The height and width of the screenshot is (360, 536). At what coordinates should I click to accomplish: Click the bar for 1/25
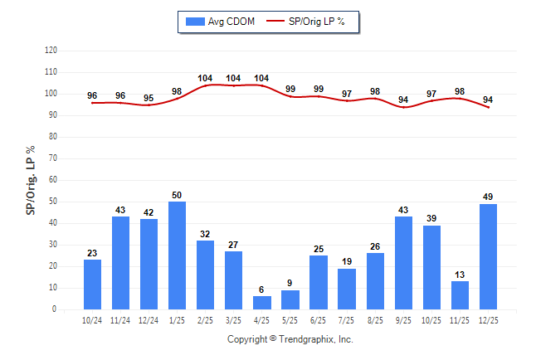[x=177, y=255]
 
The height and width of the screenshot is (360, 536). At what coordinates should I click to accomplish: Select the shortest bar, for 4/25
[x=262, y=303]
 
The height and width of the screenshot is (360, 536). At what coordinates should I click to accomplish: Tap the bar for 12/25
[x=488, y=256]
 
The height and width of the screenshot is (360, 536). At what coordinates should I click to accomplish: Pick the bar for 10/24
[x=92, y=285]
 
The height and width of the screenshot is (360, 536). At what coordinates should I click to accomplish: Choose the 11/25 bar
[x=460, y=295]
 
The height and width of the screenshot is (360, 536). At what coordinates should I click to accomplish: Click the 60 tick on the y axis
[x=52, y=180]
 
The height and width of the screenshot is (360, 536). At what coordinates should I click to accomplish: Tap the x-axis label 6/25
[x=319, y=321]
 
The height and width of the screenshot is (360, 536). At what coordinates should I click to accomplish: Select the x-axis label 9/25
[x=403, y=321]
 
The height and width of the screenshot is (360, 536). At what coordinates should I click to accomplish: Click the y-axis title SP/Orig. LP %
[x=31, y=179]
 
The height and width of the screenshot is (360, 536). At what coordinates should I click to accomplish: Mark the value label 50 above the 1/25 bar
[x=177, y=195]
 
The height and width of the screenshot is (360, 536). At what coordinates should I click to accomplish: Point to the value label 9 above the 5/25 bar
[x=290, y=284]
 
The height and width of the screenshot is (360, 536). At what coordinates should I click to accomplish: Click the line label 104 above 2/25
[x=205, y=78]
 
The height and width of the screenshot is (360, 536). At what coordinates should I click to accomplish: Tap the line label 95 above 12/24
[x=149, y=98]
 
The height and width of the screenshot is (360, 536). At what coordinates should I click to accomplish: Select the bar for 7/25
[x=347, y=289]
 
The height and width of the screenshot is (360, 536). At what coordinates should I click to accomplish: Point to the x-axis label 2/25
[x=205, y=321]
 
